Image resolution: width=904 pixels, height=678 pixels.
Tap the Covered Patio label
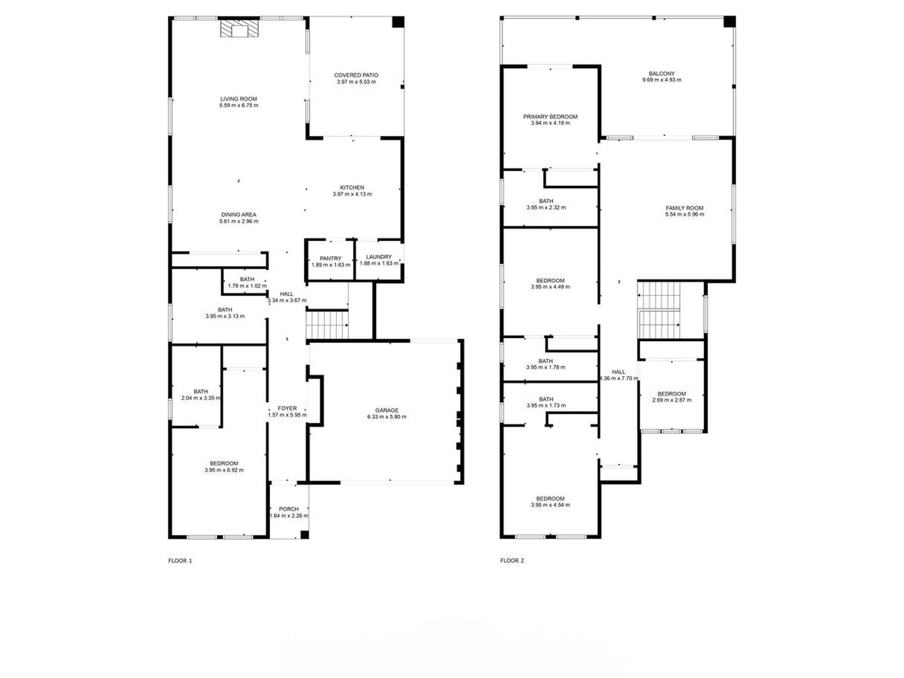point(356,75)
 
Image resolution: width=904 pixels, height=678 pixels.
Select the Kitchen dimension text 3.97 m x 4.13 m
point(352,194)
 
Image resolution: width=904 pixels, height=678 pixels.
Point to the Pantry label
point(330,258)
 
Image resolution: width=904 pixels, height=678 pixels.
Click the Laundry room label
point(379,257)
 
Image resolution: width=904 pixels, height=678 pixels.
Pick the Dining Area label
point(238,215)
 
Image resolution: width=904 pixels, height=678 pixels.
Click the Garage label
point(386,410)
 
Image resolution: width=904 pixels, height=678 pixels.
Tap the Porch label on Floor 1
point(289,509)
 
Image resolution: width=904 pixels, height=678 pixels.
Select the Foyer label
point(287,408)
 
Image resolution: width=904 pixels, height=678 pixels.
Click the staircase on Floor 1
point(327,325)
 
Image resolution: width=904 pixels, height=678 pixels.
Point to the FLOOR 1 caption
point(180,561)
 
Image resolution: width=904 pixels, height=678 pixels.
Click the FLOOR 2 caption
point(512,561)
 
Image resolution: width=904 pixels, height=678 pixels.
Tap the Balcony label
point(661,74)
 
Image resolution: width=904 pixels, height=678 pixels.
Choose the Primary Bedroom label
point(550,117)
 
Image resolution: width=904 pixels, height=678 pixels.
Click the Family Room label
point(684,208)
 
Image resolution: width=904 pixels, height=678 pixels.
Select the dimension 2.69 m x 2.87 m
point(671,400)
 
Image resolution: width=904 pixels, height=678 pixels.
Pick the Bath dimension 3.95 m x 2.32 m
point(546,207)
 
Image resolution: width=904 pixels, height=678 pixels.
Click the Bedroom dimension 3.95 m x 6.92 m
point(224,470)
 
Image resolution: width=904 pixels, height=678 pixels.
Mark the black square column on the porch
point(305,535)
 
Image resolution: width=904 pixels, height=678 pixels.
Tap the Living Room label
point(238,99)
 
